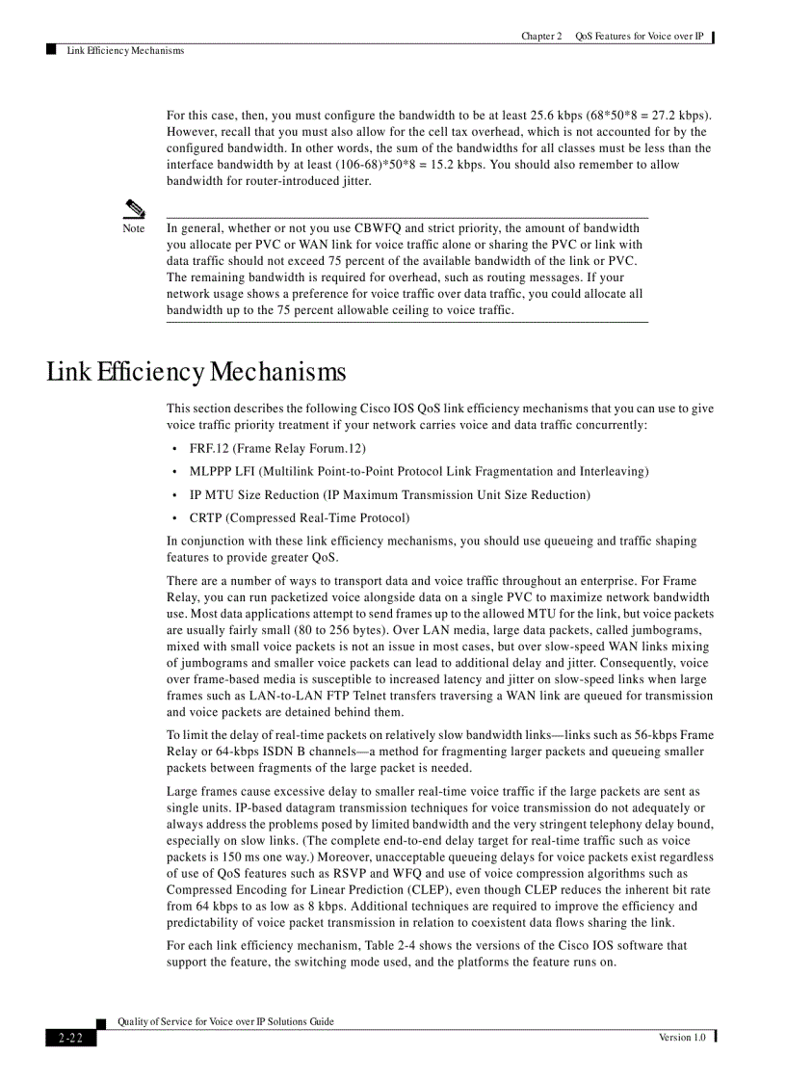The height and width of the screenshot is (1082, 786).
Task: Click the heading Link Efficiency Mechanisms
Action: pos(196,372)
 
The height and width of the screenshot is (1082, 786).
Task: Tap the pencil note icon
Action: pos(133,208)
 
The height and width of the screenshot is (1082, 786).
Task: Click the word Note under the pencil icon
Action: pos(133,229)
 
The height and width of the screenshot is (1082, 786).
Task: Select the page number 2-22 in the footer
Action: pos(70,1038)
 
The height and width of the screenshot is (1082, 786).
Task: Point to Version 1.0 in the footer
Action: pos(682,1038)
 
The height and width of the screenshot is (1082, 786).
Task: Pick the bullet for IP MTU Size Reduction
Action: pos(390,495)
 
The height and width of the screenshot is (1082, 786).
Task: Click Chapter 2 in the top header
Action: pos(541,37)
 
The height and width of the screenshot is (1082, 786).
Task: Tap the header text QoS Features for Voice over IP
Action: pos(640,37)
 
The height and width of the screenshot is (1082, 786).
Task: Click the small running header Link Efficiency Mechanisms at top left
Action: pos(125,51)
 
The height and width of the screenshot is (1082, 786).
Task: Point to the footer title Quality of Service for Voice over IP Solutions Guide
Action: pos(225,1022)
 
